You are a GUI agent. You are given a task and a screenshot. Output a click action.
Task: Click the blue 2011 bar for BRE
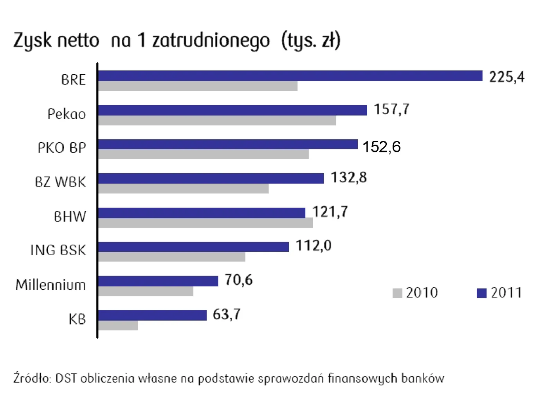coord(290,76)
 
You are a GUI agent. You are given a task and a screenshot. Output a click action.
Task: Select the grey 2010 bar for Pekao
coord(217,120)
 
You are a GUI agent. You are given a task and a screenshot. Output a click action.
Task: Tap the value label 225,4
coord(507,77)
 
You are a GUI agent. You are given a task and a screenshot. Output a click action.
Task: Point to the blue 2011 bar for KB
coord(152,315)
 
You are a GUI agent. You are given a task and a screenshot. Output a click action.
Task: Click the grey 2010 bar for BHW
coord(205,223)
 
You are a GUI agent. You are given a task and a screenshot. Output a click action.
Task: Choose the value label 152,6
coord(382,147)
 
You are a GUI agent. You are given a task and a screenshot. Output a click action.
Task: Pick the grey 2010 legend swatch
coord(397,293)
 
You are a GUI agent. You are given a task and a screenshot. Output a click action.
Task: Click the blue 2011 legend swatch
coord(481,293)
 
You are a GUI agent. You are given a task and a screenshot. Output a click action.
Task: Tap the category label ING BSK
coord(58,250)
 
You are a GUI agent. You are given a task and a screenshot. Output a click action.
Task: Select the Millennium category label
coord(50,285)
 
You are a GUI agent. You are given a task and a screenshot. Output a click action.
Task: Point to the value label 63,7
coord(227,314)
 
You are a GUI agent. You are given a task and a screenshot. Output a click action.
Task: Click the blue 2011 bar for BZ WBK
coord(211,178)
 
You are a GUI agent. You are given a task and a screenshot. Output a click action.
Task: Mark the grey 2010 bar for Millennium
coord(146,291)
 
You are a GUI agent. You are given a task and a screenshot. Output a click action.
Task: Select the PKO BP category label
coord(61,148)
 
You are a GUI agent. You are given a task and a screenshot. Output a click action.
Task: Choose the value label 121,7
coord(330,212)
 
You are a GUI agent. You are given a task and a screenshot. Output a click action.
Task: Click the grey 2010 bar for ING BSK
coord(172,257)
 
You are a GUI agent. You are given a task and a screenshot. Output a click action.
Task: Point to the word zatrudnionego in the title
coord(211,41)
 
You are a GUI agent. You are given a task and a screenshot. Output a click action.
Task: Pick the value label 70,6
coord(238,280)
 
